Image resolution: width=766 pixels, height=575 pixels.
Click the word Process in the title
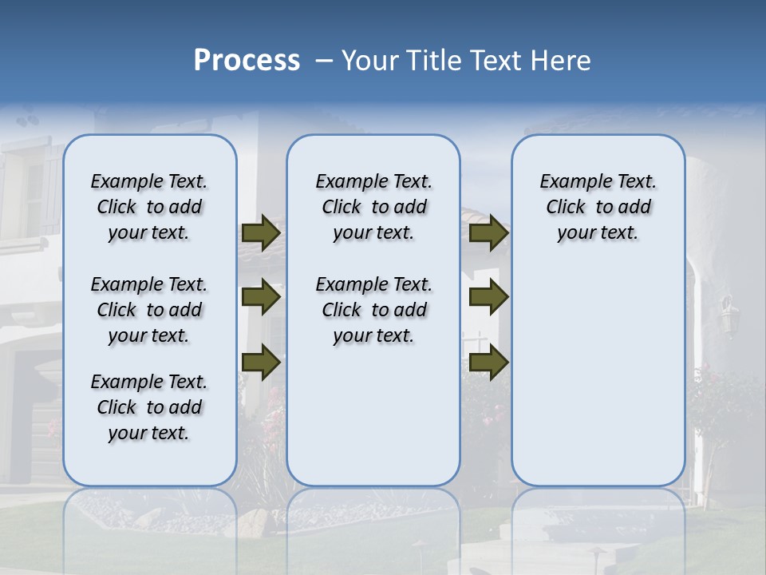coord(247,61)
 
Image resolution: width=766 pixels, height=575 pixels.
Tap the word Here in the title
coord(562,61)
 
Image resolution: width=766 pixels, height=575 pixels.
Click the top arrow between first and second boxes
coord(261,233)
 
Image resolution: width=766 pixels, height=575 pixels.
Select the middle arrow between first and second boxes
coord(261,298)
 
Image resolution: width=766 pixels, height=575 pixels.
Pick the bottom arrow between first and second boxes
coord(261,362)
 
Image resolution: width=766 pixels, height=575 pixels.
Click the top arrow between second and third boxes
coord(488,233)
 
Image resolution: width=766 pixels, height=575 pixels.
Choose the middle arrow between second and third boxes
coord(488,298)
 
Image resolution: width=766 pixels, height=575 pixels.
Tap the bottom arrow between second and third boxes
coord(488,362)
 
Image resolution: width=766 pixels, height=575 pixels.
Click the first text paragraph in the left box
coord(149,207)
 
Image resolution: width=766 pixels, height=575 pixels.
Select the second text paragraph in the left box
coord(149,310)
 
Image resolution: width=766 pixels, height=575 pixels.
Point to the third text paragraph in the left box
coord(149,407)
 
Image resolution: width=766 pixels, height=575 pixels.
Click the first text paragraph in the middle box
coord(373,207)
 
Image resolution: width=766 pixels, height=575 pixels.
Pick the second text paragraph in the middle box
coord(373,310)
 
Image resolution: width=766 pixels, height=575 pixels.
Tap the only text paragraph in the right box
coord(598,207)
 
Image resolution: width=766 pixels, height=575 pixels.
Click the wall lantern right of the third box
coord(729,315)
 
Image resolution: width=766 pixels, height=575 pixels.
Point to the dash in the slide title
coord(324,61)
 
